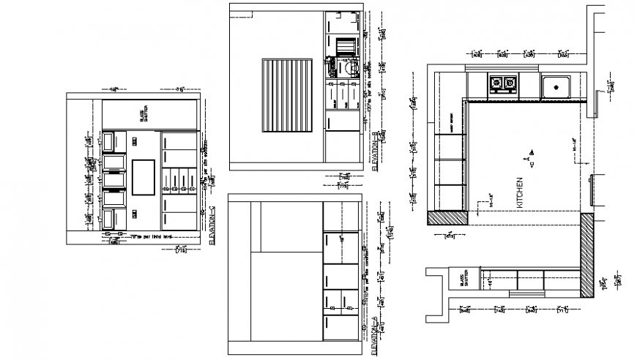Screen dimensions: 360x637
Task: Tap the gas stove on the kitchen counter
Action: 502,84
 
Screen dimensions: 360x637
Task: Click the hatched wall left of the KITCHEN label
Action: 448,217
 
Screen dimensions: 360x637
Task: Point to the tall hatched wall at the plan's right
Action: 587,256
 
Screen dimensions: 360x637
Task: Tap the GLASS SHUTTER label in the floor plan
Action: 463,280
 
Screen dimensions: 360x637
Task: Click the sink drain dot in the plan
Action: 557,88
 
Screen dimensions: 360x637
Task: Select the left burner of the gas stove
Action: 496,83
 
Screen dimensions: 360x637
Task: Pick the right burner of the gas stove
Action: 509,83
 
